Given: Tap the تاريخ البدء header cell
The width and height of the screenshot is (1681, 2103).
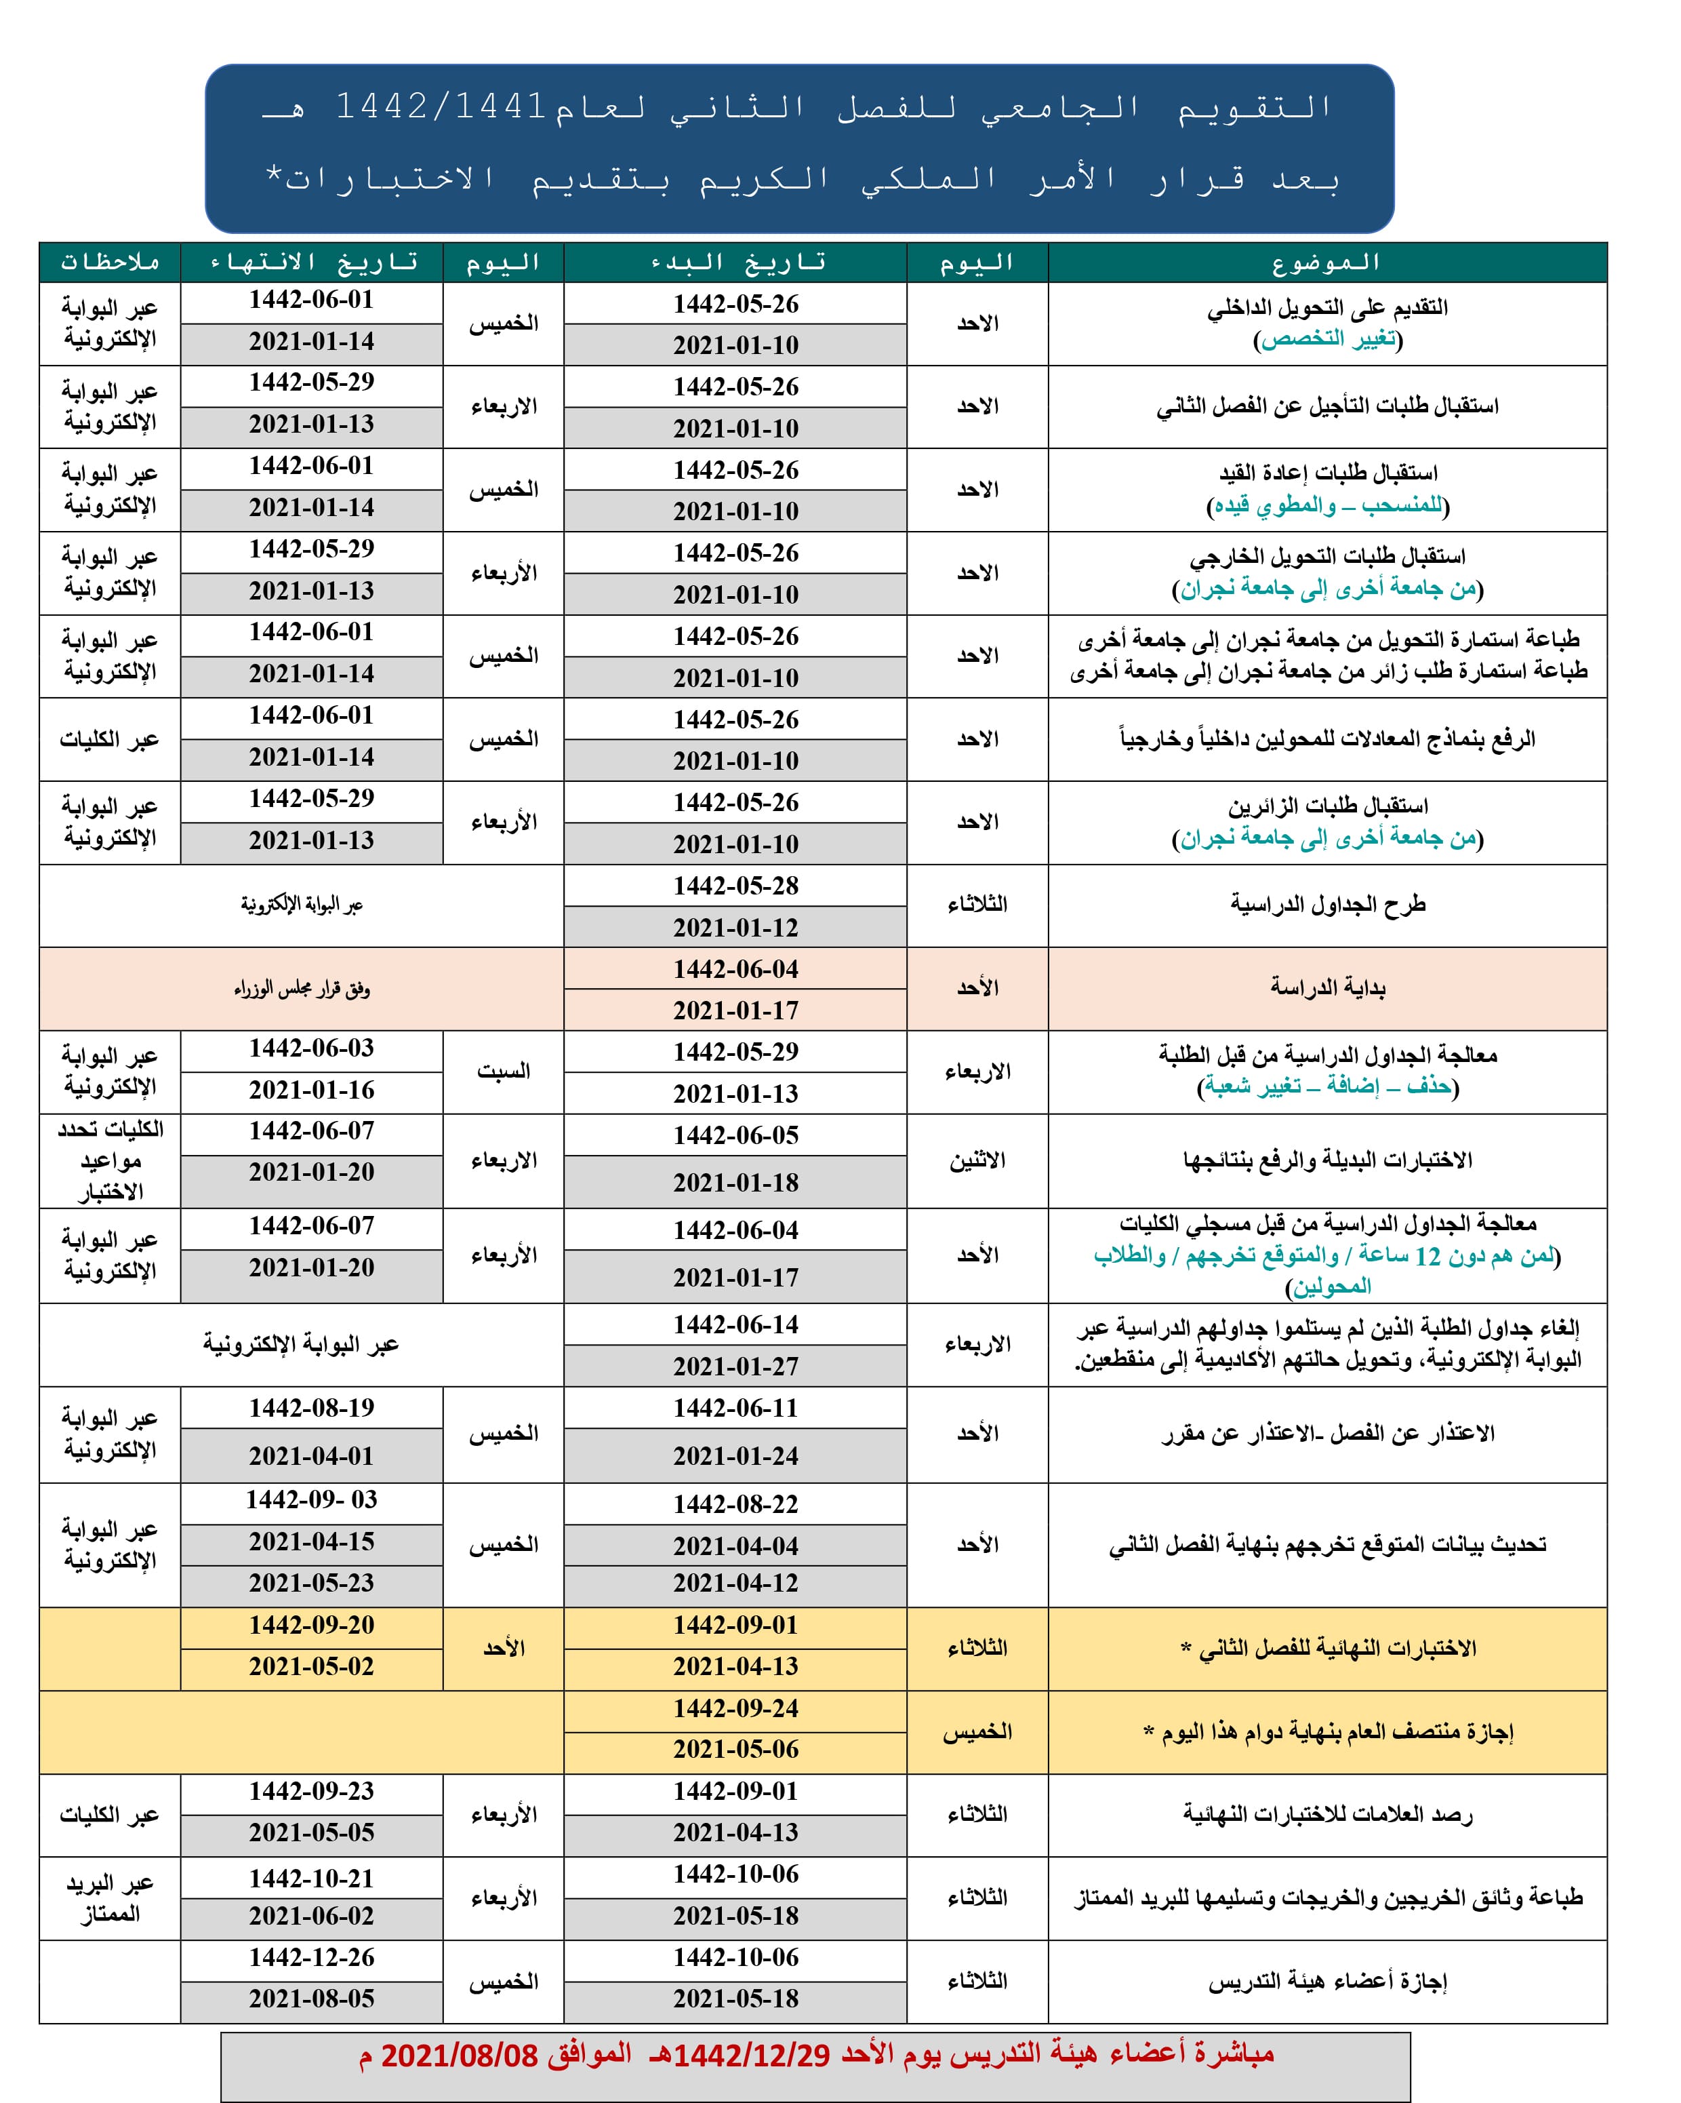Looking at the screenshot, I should [735, 262].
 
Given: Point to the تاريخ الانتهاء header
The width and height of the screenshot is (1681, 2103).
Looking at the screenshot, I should [312, 262].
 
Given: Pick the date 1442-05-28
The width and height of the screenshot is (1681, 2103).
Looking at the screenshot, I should [735, 886].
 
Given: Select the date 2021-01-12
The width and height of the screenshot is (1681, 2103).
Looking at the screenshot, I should [735, 928].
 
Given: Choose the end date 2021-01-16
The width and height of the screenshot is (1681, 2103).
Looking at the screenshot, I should [312, 1090].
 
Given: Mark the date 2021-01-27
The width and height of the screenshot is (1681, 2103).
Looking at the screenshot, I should [735, 1367].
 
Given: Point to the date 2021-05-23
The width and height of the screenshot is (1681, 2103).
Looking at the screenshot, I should [312, 1582].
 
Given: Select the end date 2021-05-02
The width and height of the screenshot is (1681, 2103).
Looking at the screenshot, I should [312, 1666].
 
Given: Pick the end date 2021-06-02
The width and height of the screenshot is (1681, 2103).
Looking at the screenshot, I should [312, 1916].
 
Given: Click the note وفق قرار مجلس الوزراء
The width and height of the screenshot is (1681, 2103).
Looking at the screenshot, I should [302, 989].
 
